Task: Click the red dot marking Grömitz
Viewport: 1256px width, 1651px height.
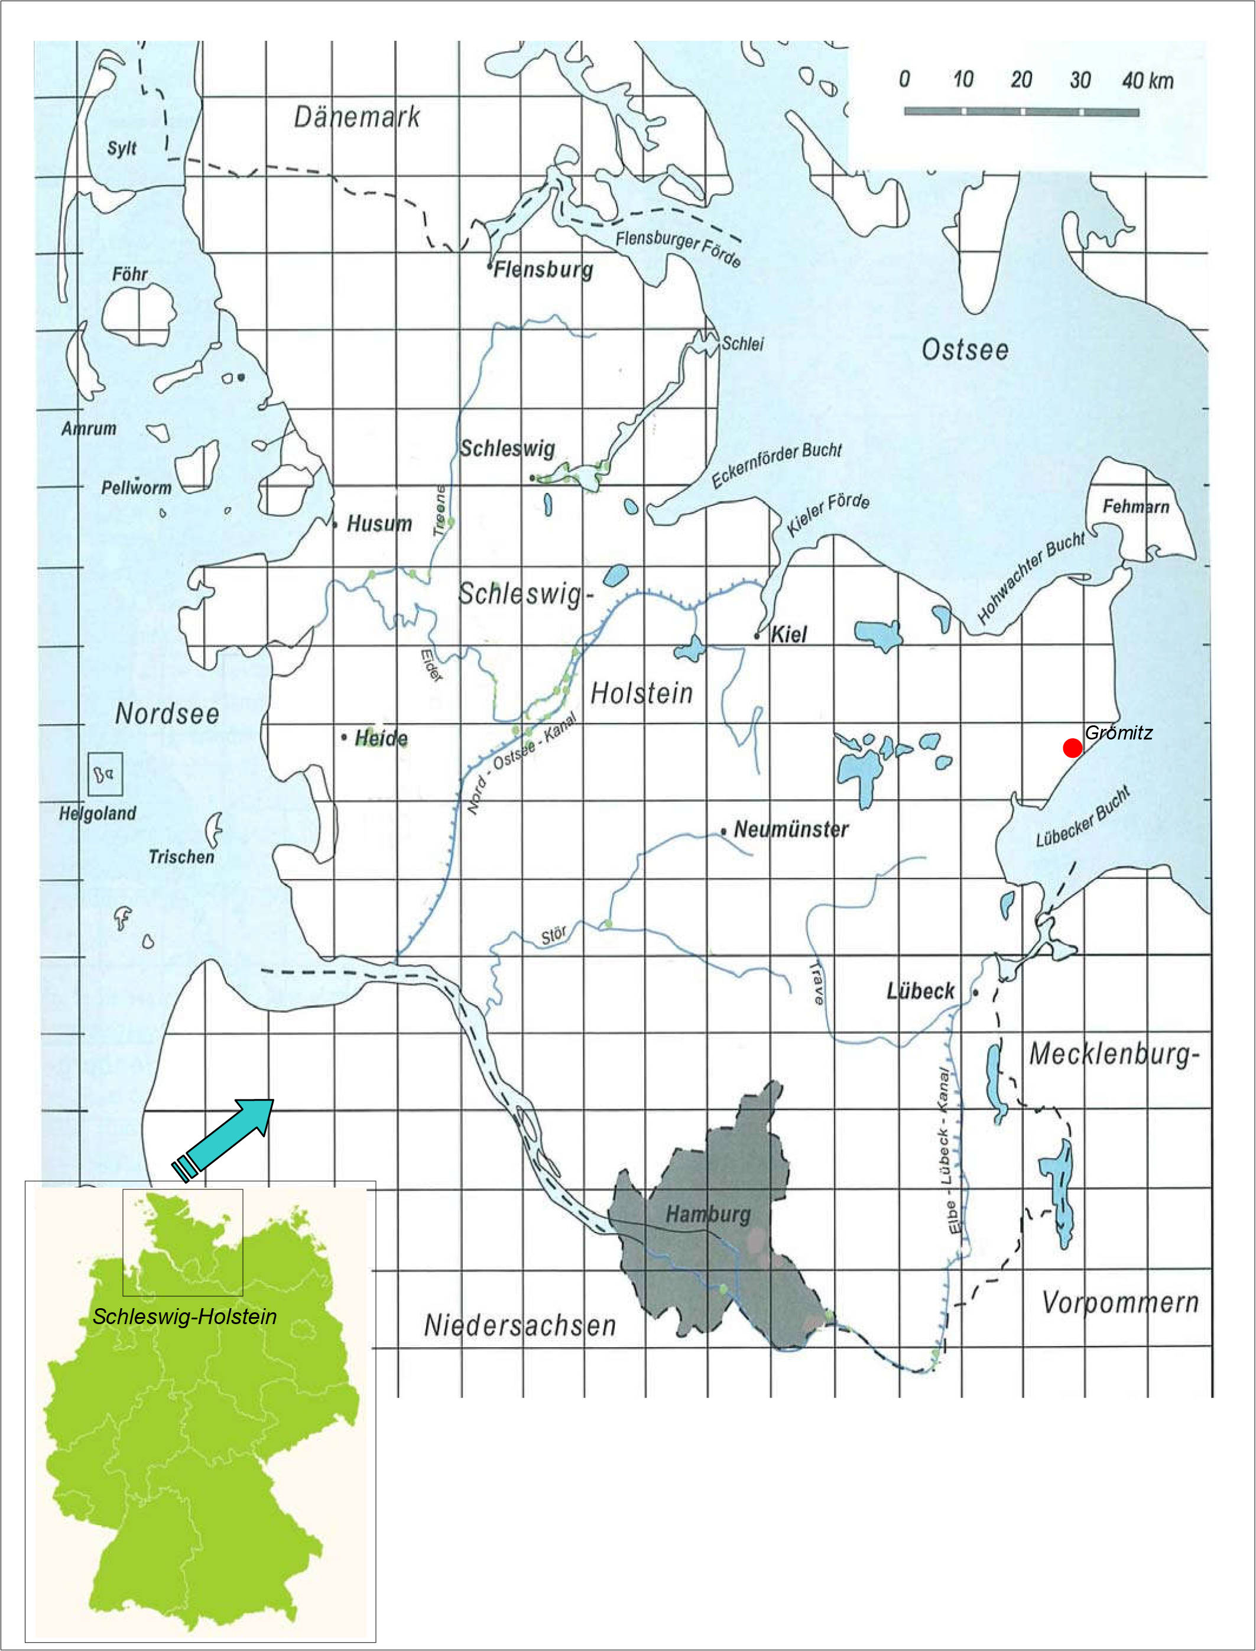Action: [x=1072, y=747]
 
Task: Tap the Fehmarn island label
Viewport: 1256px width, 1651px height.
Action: [x=1135, y=506]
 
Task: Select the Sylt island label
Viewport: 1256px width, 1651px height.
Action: [x=121, y=147]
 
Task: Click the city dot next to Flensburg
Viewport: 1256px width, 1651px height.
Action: [x=489, y=265]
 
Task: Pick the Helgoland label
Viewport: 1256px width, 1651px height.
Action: [x=98, y=813]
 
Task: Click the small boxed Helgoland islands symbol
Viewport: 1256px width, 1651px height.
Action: [x=105, y=774]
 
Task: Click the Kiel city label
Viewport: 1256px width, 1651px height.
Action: [x=788, y=634]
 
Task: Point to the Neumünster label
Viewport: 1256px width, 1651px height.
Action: [x=790, y=829]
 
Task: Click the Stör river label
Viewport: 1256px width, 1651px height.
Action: [x=553, y=935]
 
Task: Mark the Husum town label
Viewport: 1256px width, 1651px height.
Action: [x=378, y=523]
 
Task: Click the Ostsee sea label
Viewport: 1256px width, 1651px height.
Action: [x=965, y=349]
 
